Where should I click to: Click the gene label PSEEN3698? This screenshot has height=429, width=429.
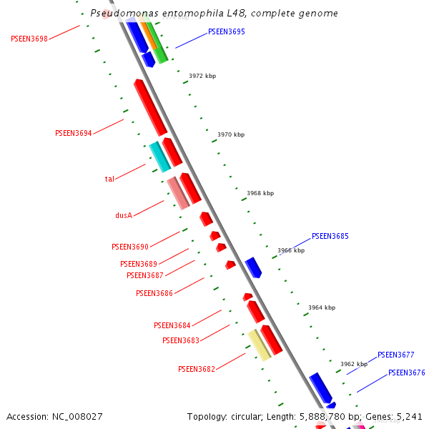[29, 39]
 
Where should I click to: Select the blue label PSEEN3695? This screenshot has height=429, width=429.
[227, 31]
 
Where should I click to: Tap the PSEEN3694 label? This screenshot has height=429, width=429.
[74, 133]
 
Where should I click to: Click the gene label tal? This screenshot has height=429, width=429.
[109, 179]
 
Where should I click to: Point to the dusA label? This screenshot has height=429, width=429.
[124, 214]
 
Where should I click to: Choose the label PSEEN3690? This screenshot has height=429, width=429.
[130, 247]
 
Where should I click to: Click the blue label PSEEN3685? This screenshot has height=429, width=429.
[330, 236]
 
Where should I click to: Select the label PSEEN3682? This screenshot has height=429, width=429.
[197, 369]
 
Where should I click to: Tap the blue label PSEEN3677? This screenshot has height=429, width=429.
[396, 355]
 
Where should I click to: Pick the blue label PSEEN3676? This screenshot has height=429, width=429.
[407, 373]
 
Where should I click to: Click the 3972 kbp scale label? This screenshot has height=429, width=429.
[202, 76]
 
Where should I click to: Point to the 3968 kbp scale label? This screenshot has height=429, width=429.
[260, 193]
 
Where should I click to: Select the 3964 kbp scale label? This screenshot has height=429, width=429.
[322, 307]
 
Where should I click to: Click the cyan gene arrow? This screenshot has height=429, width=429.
[159, 157]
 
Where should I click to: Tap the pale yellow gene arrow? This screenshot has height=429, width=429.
[259, 344]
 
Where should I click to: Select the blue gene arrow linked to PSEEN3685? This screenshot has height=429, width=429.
[253, 267]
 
